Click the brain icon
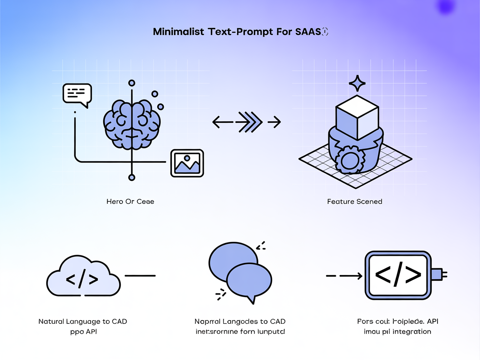pyautogui.click(x=132, y=124)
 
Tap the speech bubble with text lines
pyautogui.click(x=77, y=95)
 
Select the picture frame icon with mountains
pyautogui.click(x=187, y=163)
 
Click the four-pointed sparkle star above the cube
pyautogui.click(x=357, y=83)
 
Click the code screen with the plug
pyautogui.click(x=398, y=275)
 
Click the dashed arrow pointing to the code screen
pyautogui.click(x=344, y=275)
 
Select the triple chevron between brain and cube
pyautogui.click(x=249, y=122)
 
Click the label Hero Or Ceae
pyautogui.click(x=130, y=202)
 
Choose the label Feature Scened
pyautogui.click(x=355, y=202)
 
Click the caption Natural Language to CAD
pyautogui.click(x=82, y=322)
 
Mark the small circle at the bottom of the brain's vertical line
pyautogui.click(x=132, y=178)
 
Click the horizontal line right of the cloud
pyautogui.click(x=140, y=275)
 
